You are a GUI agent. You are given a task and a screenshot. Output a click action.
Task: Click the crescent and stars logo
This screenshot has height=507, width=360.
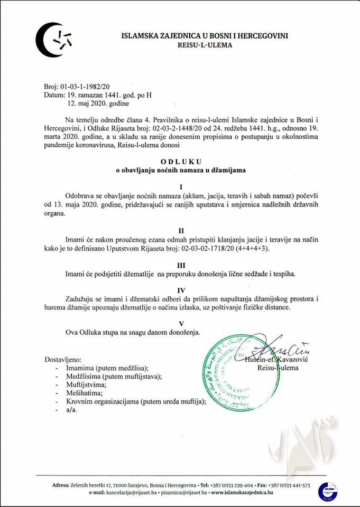(54, 40)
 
